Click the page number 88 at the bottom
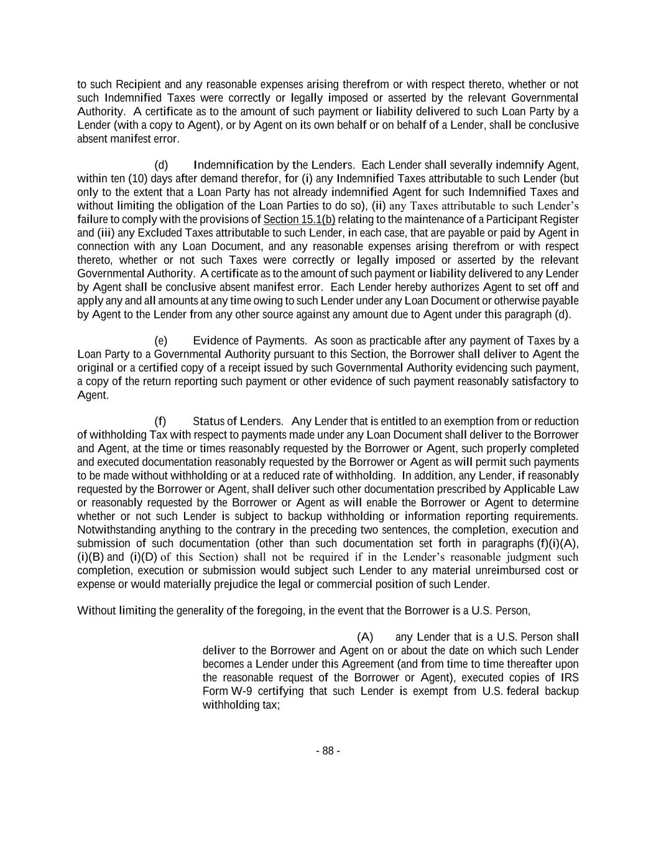pos(328,751)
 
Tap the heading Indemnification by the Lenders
pos(274,165)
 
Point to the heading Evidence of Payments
pos(249,340)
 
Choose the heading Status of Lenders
pos(238,421)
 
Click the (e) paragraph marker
pos(161,340)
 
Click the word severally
pos(497,165)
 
